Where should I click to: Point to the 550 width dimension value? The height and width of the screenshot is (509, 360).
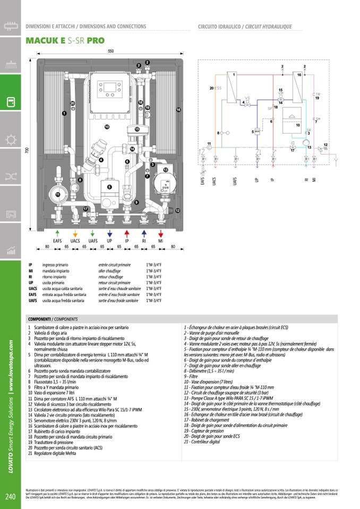click(110, 51)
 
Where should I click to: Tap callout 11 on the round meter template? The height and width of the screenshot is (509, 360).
click(57, 195)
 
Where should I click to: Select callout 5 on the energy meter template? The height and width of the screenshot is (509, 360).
click(109, 187)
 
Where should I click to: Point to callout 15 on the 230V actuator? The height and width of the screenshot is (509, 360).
click(136, 129)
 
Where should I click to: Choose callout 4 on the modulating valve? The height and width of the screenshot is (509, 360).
click(100, 157)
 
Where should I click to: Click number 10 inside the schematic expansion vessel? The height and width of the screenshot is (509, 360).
click(298, 125)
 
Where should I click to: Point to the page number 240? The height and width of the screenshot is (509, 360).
click(10, 497)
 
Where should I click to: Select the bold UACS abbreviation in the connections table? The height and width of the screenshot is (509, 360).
click(33, 288)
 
